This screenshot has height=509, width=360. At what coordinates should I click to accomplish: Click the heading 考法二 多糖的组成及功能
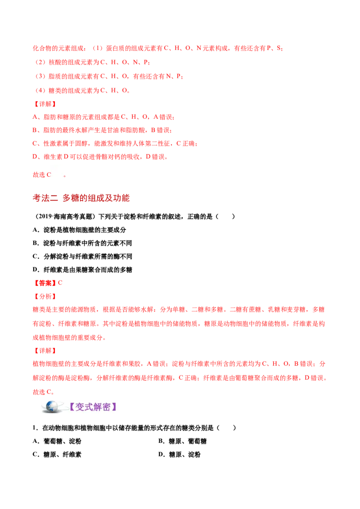coord(81,198)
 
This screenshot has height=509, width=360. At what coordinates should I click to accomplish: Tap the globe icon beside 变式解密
coord(51,407)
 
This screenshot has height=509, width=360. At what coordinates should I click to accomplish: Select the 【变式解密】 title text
coord(93,407)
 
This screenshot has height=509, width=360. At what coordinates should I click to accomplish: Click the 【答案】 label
coord(45,283)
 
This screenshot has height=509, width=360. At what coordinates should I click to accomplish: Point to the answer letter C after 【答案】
coord(60,283)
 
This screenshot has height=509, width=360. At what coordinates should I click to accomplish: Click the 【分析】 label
coord(45,296)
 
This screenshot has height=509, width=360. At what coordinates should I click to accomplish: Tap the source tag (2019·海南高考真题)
coord(65,217)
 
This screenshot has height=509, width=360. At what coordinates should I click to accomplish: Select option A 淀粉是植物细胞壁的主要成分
coord(79,230)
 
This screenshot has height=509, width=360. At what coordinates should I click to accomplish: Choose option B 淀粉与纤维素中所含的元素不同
coord(82,243)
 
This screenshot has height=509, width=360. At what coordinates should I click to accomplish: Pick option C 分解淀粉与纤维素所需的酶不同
coord(82,256)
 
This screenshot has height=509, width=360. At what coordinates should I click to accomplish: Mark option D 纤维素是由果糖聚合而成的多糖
coord(82,270)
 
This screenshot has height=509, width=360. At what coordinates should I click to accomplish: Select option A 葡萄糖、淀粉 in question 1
coord(57,441)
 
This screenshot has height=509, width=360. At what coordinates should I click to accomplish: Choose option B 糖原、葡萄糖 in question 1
coord(182,441)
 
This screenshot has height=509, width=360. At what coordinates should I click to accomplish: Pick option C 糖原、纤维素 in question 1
coord(57,455)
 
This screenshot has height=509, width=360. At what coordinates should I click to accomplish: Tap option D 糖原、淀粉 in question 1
coord(180,455)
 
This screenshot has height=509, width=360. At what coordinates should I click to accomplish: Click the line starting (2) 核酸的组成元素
coord(92,63)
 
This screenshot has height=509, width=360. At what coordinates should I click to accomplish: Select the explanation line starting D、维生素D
coord(100,157)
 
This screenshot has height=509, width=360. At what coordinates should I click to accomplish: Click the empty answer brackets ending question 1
coord(226,428)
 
